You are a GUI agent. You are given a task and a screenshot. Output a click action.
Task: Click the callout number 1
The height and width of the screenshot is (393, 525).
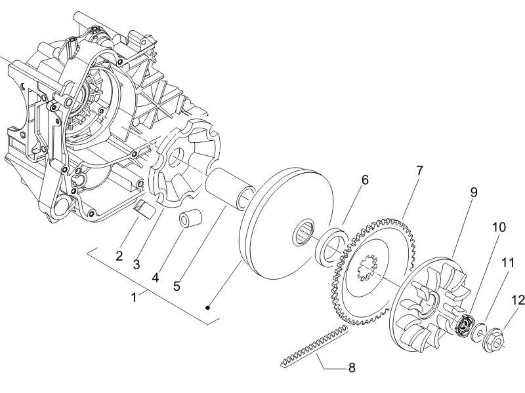tap(134, 297)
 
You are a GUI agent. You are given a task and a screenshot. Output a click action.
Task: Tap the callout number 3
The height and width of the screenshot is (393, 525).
tap(136, 264)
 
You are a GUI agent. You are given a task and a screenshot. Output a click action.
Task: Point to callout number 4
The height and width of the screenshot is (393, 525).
tap(156, 276)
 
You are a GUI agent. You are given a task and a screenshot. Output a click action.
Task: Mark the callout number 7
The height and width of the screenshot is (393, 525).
tap(419, 171)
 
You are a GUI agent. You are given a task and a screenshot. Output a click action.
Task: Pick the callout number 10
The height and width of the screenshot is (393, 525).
tap(499, 227)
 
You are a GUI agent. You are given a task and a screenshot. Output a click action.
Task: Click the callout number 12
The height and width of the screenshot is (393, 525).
tap(518, 300)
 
